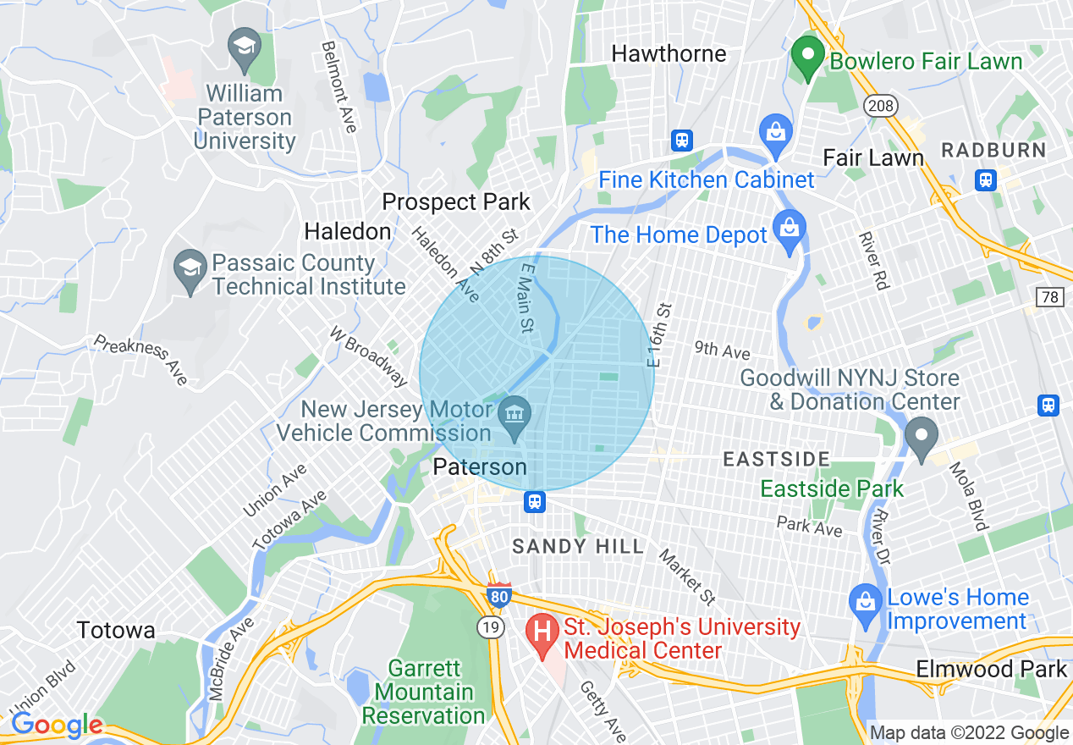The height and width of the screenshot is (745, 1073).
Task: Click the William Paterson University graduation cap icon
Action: click(x=245, y=47)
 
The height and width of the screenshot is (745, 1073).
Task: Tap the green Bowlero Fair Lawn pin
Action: click(x=807, y=57)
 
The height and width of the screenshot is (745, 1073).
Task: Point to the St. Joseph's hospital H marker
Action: click(x=542, y=632)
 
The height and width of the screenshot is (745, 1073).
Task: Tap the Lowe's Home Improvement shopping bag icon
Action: click(x=866, y=603)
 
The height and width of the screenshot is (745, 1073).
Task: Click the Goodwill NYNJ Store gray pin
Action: click(x=921, y=435)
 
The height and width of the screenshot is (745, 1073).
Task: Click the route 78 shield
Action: click(x=1049, y=296)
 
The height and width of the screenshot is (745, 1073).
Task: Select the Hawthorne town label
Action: click(x=669, y=54)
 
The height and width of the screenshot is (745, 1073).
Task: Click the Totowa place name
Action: click(x=115, y=630)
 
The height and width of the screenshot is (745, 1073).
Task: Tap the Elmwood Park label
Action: click(x=991, y=669)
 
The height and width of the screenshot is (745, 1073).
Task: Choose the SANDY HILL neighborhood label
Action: click(x=578, y=547)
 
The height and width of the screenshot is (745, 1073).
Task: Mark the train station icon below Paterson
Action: click(x=535, y=503)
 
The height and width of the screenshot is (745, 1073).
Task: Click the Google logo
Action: click(x=56, y=725)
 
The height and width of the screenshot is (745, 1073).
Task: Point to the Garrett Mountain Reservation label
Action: click(x=423, y=692)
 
